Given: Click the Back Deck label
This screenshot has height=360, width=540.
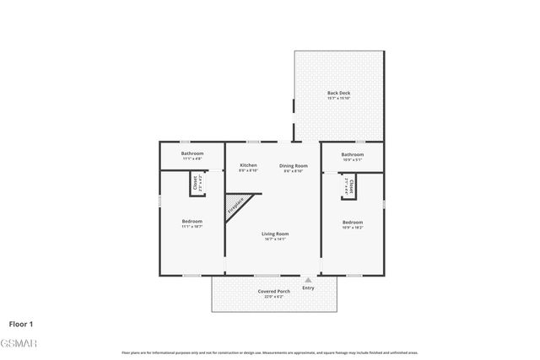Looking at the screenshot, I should point(337,93).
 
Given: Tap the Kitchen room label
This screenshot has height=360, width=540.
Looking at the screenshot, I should point(248,164).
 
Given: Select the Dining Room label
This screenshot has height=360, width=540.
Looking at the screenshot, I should point(294,164).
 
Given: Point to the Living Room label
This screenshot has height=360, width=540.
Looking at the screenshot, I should point(275,234).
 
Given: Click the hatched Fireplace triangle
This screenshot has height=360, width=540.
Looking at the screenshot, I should point(237,204).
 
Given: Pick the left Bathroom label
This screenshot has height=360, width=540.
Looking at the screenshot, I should point(192,154).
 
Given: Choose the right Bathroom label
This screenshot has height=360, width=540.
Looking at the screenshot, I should point(353,154).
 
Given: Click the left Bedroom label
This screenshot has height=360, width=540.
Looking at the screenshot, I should point(192,222).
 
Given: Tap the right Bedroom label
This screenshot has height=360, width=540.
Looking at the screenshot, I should point(353,222).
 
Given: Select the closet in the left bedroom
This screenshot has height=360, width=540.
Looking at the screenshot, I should point(197,183).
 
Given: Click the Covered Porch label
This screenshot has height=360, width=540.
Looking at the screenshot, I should point(274,291).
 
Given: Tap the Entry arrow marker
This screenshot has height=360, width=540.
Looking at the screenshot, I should point(308,280).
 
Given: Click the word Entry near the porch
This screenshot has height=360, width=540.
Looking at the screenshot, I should point(308,287).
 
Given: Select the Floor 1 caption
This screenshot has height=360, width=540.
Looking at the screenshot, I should point(22,323).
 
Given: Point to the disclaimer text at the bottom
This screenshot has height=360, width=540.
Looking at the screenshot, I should point(270,352).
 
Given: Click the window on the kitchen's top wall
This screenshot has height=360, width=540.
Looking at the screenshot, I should point(252,142).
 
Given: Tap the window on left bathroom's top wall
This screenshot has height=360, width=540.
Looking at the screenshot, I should point(185,142).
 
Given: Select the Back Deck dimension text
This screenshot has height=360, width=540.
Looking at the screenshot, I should point(337,99).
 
